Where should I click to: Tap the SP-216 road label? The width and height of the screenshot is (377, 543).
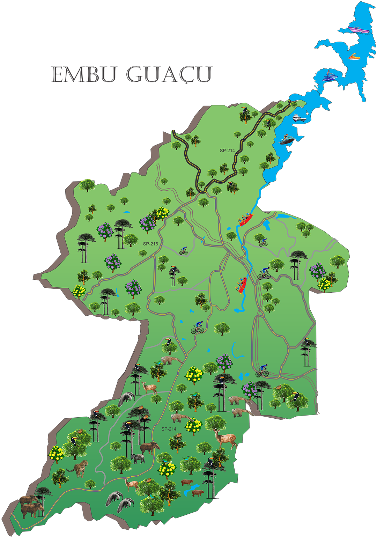[x=150, y=244]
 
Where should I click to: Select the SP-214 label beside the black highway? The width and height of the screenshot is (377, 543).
[x=227, y=151]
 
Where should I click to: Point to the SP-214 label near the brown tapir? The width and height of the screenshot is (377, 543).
[x=169, y=429]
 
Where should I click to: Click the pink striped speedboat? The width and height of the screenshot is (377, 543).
[x=359, y=30]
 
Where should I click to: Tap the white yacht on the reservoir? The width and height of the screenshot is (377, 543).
[x=299, y=118]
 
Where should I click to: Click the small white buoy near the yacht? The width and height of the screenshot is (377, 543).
[x=306, y=112]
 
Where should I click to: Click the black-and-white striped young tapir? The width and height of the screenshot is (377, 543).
[x=138, y=458]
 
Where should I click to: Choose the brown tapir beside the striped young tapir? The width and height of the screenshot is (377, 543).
[x=150, y=447]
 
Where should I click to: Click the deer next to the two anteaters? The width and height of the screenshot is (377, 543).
[x=131, y=484]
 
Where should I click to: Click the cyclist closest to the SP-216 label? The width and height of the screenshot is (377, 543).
[x=184, y=251]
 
